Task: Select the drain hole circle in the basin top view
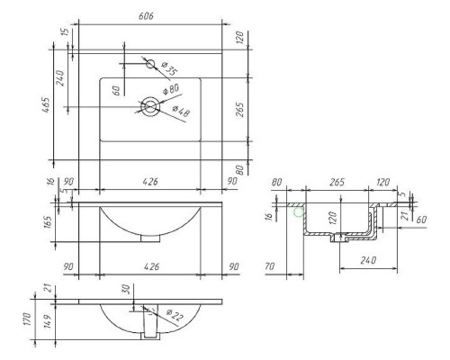click(x=149, y=107)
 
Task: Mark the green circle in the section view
click(x=300, y=212)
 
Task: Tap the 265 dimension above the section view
click(x=337, y=183)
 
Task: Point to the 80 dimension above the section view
click(x=277, y=183)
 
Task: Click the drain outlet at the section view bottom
click(x=338, y=240)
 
